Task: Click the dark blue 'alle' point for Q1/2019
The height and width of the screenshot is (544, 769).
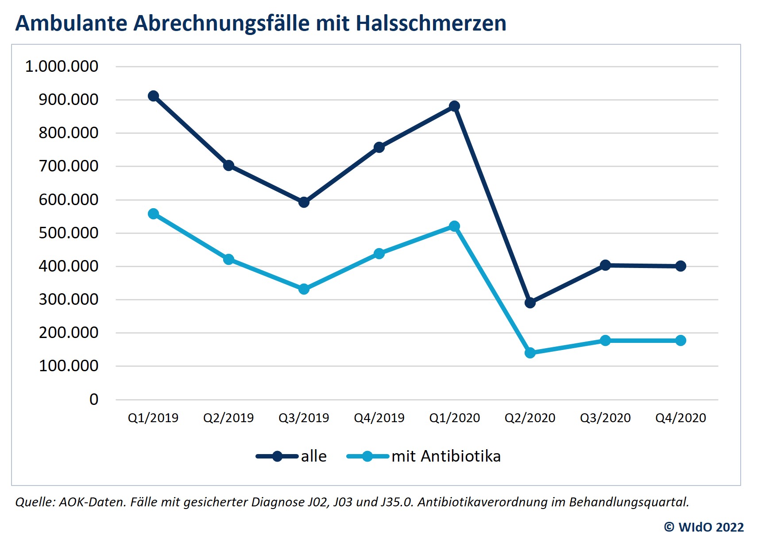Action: coord(153,96)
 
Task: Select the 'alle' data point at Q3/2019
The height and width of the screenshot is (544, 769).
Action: coord(304,202)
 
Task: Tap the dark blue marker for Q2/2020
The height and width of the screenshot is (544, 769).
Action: coord(530,303)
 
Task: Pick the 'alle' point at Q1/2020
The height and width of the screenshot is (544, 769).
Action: coord(454,106)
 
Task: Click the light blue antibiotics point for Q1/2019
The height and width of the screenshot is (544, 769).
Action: coord(153,214)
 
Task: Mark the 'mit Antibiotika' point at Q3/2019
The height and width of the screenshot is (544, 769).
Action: coord(304,289)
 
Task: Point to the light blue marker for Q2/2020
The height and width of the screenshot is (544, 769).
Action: coord(530,353)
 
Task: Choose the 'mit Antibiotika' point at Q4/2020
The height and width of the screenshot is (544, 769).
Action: coord(680,341)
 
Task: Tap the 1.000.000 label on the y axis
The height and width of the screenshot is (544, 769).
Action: coord(62,66)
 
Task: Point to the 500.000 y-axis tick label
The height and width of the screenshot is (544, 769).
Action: coord(68,233)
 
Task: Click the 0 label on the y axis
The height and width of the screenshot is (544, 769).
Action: coord(93,400)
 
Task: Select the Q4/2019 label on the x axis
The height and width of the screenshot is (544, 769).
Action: coord(379,418)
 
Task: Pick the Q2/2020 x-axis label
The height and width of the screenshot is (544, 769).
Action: coord(530,418)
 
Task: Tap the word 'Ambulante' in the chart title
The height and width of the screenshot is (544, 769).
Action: coord(71,23)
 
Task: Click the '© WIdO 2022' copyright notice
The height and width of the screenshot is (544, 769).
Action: coord(703,527)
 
